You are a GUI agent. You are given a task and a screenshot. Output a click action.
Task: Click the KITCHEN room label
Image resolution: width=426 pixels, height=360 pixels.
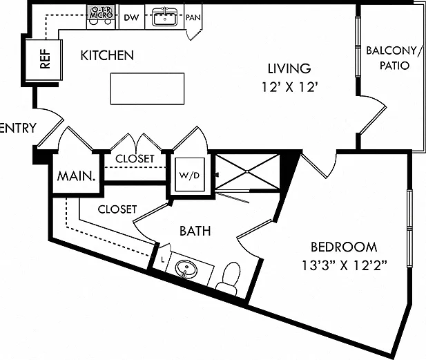point(107,55)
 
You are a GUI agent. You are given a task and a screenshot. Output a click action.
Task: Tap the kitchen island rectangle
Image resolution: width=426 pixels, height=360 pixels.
point(147,88)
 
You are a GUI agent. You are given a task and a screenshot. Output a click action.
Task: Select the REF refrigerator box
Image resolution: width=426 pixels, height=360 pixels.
point(43,60)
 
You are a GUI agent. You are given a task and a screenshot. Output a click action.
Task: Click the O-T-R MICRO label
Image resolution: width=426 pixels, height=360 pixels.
point(101,12)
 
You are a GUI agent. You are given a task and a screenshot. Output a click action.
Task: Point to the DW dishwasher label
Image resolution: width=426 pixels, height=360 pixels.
point(131,18)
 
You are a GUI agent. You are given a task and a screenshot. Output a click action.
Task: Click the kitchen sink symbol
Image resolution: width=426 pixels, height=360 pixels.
point(164,17)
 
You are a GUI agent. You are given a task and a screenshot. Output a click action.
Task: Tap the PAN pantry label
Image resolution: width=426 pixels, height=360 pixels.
point(193,18)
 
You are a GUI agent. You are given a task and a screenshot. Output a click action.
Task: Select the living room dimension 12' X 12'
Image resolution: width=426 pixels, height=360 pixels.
point(289,88)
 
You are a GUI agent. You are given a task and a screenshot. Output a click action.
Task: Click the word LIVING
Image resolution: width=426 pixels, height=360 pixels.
point(289,68)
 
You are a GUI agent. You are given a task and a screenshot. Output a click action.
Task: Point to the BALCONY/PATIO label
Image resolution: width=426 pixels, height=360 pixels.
point(394,58)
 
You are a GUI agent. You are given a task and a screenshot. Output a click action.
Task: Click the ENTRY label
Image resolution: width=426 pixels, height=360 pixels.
point(18,128)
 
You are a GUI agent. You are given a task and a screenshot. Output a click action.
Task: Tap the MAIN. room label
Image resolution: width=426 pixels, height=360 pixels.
point(77,176)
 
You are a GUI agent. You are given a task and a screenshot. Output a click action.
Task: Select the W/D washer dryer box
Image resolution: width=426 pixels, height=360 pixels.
point(190,175)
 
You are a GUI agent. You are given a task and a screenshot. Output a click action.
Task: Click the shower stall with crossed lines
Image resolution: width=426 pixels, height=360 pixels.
point(247,172)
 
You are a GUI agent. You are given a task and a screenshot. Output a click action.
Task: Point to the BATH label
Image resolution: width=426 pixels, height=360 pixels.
point(195,231)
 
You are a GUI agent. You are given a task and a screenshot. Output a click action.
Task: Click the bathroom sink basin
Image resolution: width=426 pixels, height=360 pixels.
point(186,269)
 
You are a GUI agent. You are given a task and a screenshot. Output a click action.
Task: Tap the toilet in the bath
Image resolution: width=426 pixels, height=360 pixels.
point(229,278)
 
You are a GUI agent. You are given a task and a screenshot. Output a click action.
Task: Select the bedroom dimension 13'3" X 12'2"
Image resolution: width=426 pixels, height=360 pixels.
point(345,265)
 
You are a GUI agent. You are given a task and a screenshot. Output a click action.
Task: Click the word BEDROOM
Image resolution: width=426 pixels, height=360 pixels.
point(344,247)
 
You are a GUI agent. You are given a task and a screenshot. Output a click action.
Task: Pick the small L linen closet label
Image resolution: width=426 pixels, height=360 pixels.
point(163,260)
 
